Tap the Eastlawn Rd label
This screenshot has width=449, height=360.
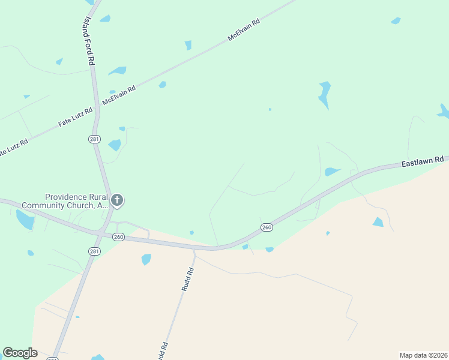423,161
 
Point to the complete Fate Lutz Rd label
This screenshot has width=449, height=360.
76,116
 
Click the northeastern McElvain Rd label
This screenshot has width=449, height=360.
244,29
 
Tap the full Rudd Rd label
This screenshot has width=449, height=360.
188,280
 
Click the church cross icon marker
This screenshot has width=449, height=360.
117,200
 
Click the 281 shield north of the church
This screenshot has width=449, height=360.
94,139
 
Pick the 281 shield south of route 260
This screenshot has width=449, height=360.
94,251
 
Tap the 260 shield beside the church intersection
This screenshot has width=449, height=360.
118,237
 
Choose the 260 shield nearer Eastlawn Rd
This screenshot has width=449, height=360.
267,227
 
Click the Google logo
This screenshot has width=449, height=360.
20,353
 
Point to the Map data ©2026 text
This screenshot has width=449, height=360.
423,355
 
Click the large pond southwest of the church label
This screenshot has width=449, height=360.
25,220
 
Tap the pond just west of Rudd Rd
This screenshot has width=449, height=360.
146,259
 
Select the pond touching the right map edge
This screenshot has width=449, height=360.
444,112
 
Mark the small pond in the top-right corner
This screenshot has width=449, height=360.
396,21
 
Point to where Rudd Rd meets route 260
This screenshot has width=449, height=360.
194,248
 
